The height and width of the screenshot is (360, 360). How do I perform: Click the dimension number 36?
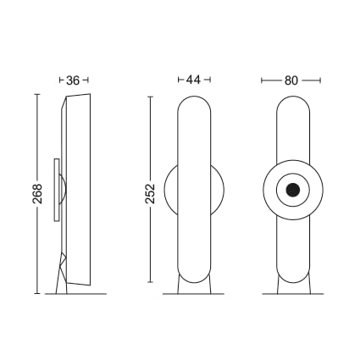73,80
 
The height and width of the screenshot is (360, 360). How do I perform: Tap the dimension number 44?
194,80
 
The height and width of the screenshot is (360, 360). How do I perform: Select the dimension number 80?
291,80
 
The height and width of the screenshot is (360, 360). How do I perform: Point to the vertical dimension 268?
37,194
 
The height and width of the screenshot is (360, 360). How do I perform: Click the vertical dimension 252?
150,194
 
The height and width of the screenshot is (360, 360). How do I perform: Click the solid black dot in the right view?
293,190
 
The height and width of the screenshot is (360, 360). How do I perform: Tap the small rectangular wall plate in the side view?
57,190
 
